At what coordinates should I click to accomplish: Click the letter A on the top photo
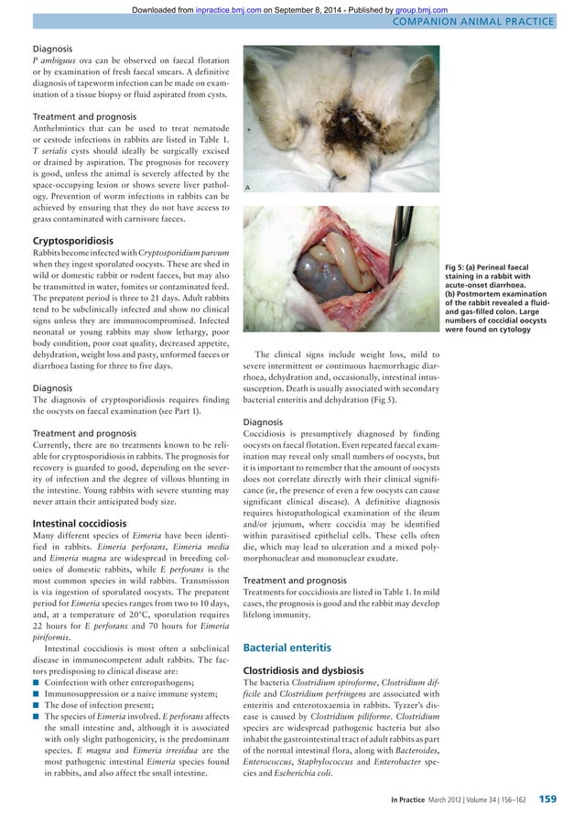tap(248, 187)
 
